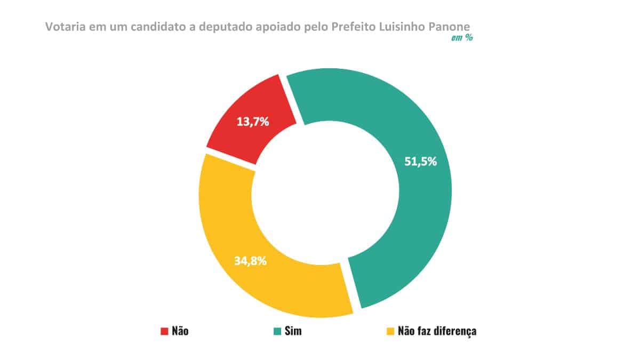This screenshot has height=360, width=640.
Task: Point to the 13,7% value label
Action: tap(252, 122)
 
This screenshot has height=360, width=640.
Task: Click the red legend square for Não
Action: tap(164, 331)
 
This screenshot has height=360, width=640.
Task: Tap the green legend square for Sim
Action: tap(277, 331)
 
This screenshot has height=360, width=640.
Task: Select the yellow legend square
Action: tap(390, 331)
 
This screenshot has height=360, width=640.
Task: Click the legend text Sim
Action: tap(293, 331)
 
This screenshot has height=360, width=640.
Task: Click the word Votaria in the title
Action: tap(65, 26)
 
